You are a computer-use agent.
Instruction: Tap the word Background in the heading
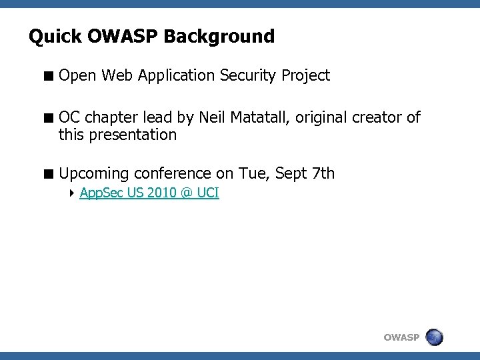tap(219, 37)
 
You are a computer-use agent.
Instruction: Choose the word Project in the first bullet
tap(305, 76)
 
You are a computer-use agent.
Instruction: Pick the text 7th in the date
tap(323, 174)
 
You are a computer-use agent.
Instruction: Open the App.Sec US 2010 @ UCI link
tap(149, 193)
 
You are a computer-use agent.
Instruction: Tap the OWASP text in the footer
tap(401, 337)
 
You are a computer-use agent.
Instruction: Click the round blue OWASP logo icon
tap(434, 337)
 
